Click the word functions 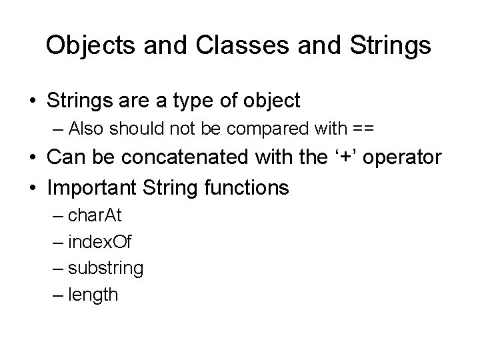[247, 187]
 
